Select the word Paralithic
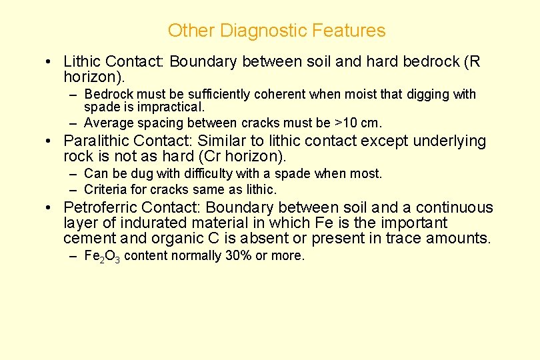97,141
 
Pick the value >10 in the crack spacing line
346,123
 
